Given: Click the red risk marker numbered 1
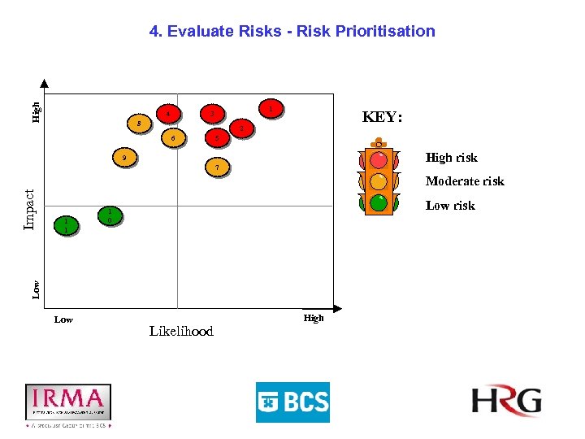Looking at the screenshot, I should pyautogui.click(x=270, y=109).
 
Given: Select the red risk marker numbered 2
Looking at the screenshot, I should pyautogui.click(x=240, y=128).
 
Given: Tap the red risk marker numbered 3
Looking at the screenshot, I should pyautogui.click(x=212, y=115).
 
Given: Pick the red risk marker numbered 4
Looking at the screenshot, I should pyautogui.click(x=167, y=114).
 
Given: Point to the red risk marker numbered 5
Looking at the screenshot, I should pyautogui.click(x=216, y=137).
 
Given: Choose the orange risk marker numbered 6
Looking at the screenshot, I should pyautogui.click(x=173, y=138).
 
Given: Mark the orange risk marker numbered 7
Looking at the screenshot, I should pyautogui.click(x=216, y=168).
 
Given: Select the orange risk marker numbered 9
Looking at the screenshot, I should pyautogui.click(x=123, y=157).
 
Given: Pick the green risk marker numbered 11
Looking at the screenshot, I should pyautogui.click(x=67, y=225).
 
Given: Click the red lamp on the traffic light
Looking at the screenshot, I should pyautogui.click(x=379, y=159).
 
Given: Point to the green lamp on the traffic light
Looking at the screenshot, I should pyautogui.click(x=379, y=202).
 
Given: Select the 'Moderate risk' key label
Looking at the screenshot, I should pyautogui.click(x=465, y=181).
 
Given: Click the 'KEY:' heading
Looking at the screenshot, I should pyautogui.click(x=382, y=117).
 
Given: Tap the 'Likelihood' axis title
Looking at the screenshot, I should pyautogui.click(x=181, y=331).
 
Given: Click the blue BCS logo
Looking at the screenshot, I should pyautogui.click(x=292, y=402).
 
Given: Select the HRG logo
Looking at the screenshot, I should pyautogui.click(x=506, y=401).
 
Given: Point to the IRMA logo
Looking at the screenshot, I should pyautogui.click(x=68, y=402).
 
